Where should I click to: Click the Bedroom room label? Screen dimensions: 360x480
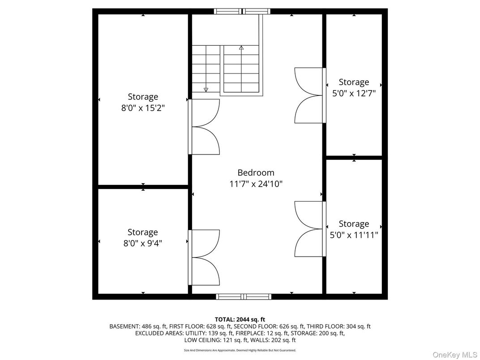coord(256,172)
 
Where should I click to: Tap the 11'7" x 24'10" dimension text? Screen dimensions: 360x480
coord(256,184)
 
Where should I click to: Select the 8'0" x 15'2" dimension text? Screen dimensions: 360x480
coord(143,108)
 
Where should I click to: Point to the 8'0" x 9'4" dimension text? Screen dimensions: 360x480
coord(142,243)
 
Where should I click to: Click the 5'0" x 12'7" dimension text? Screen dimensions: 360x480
coord(354,93)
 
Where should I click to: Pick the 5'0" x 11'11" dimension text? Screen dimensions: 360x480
coord(354,235)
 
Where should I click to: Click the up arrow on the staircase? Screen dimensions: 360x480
coord(241,47)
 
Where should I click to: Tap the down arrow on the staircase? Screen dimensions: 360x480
coord(206,89)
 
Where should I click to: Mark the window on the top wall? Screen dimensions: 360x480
coord(242,12)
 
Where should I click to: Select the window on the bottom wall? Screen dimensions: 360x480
coord(244,296)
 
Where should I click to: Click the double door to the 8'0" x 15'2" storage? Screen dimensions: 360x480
coord(204,127)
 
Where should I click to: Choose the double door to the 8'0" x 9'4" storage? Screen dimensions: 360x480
coord(204,257)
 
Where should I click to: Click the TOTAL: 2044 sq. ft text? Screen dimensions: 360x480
coord(240,319)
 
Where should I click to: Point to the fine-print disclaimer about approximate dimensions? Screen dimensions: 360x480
coord(240,350)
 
